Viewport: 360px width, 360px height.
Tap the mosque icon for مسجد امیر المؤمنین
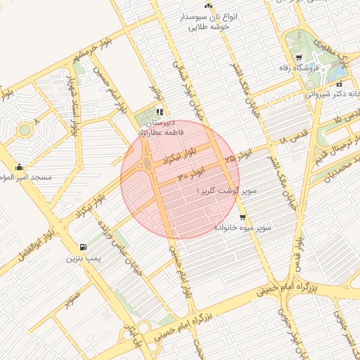19,167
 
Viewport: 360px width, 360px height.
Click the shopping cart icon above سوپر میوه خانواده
243,217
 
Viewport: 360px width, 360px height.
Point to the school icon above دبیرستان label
160,111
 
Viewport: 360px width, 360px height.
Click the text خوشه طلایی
208,27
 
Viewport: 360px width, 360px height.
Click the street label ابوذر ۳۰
191,171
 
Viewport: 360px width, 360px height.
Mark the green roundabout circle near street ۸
25,130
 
